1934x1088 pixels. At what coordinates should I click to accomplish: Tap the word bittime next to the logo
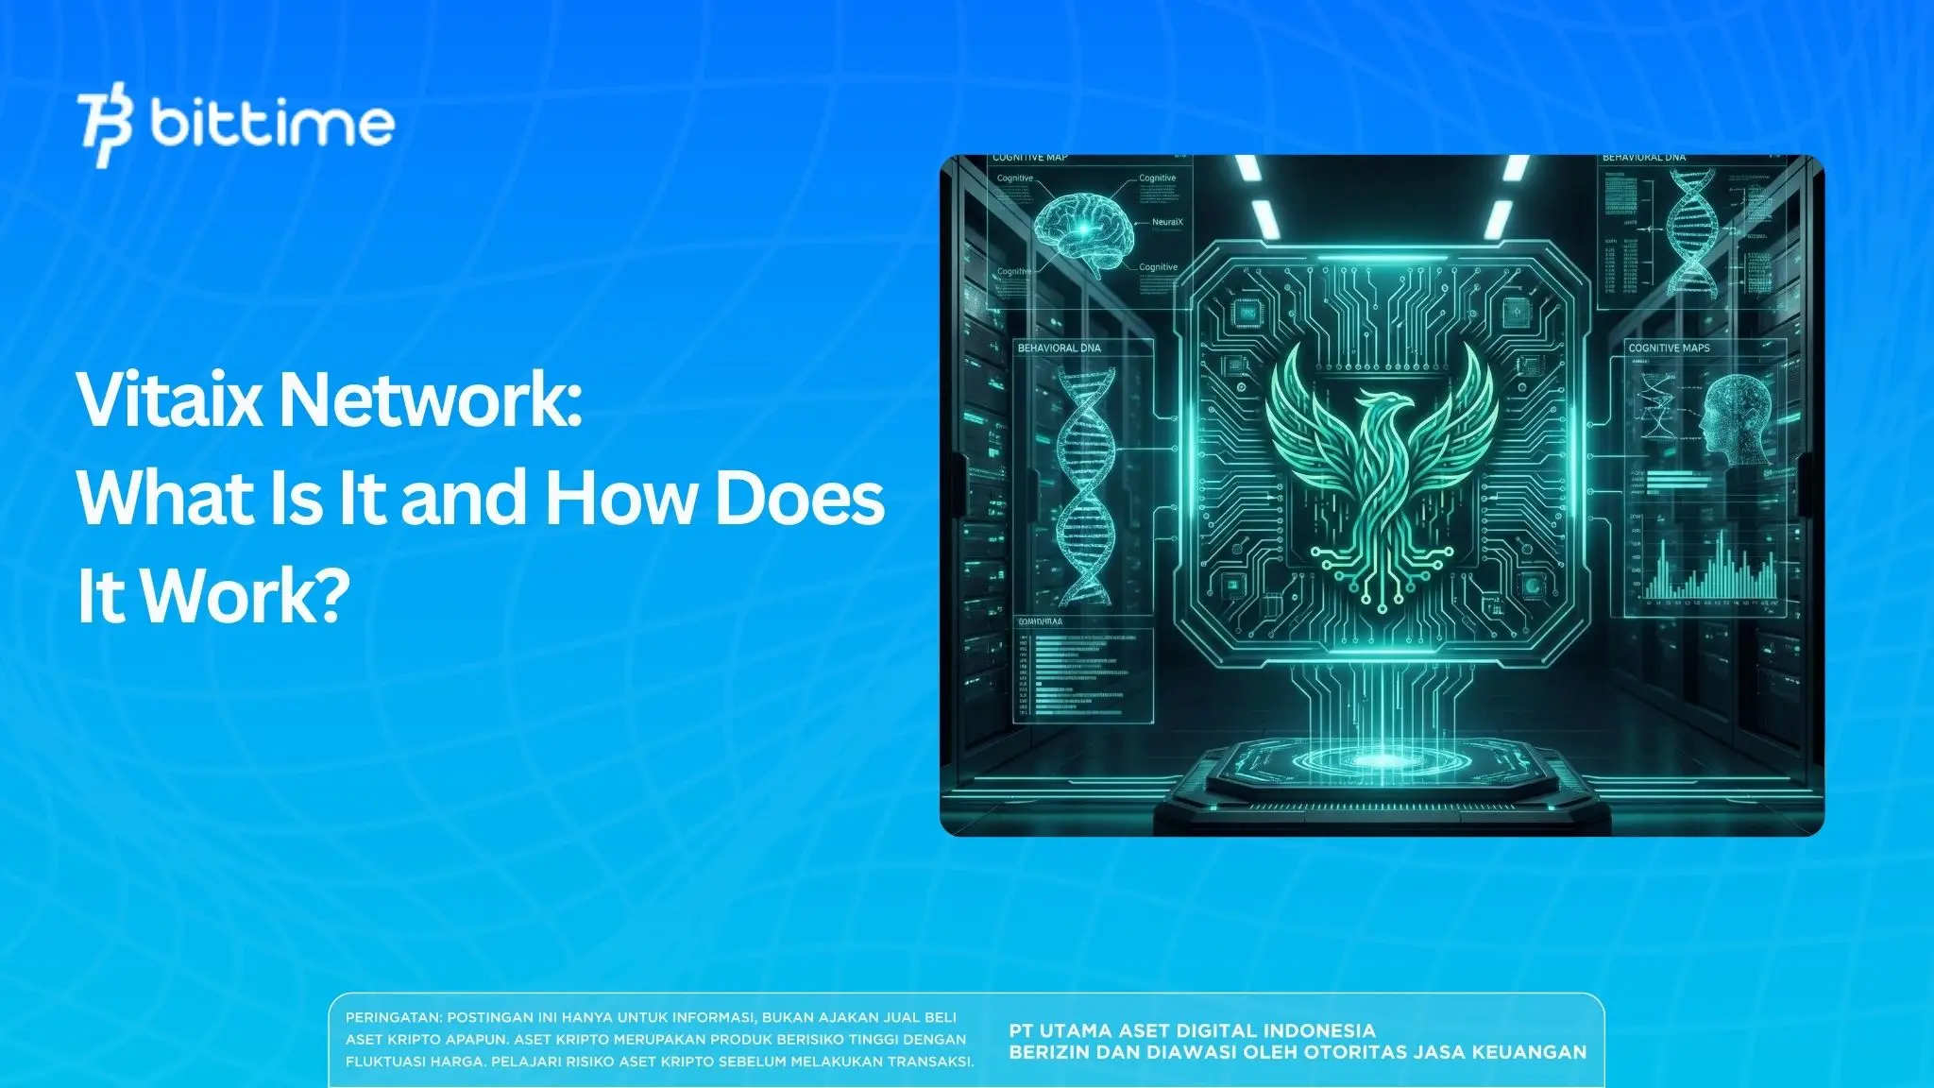272,124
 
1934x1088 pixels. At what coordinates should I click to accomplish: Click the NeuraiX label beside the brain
1167,222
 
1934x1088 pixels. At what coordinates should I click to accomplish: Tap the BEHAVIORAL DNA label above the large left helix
1059,348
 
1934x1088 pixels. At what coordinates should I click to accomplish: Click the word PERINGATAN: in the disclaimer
394,1018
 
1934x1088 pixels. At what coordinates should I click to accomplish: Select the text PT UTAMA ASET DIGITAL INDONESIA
1192,1030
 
